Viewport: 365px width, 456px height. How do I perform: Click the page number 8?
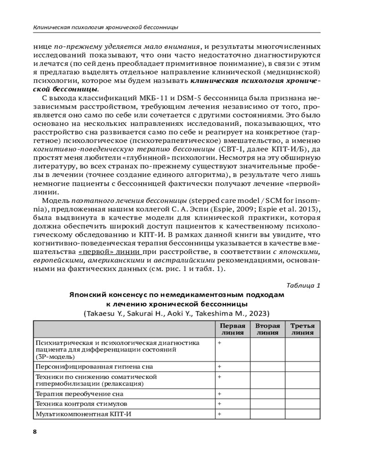35,432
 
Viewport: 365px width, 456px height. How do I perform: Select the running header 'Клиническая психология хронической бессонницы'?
106,27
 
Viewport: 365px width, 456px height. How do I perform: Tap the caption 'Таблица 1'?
303,285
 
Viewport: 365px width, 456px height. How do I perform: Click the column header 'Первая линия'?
232,329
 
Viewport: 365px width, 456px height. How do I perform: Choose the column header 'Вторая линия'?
267,329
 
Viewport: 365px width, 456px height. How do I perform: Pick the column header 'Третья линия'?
302,329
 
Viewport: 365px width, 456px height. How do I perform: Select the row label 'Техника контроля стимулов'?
81,404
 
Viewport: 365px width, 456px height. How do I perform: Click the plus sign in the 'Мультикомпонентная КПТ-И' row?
219,414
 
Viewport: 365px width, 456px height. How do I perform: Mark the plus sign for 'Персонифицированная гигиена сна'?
219,366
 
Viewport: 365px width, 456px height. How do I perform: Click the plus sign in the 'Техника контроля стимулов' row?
219,404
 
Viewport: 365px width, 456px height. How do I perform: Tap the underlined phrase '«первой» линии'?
109,251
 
